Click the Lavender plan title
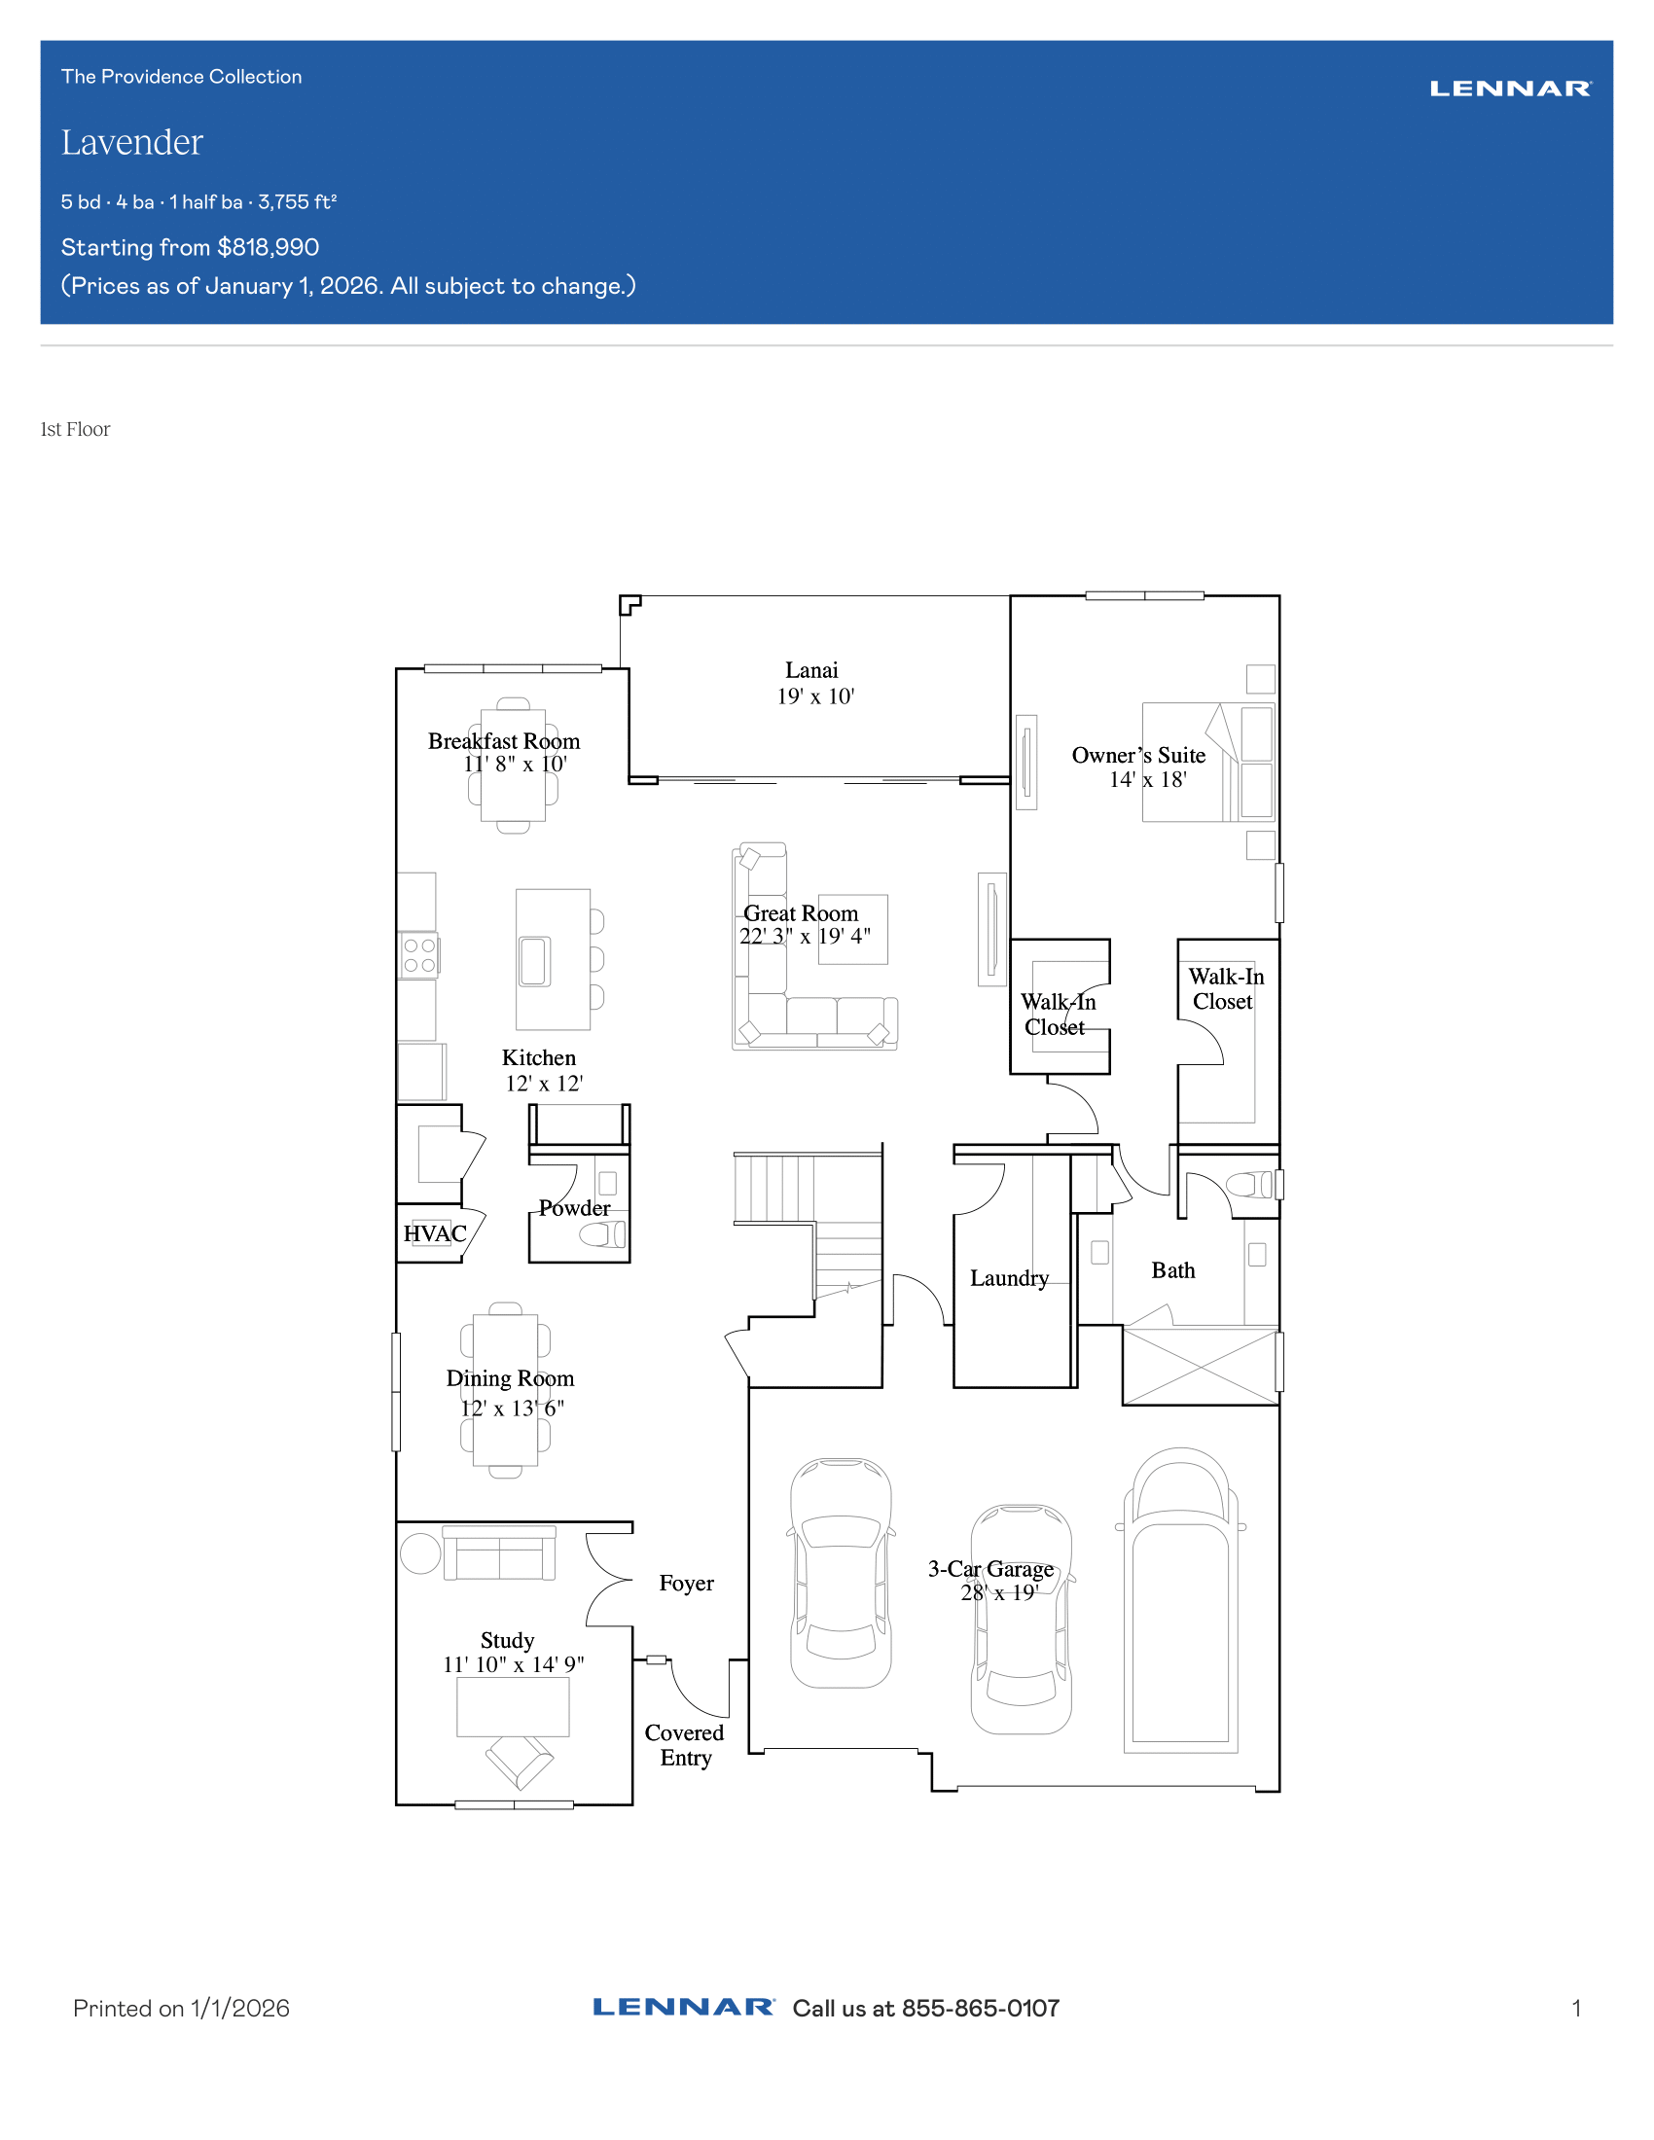pyautogui.click(x=132, y=143)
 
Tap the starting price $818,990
pyautogui.click(x=269, y=247)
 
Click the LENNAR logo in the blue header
pyautogui.click(x=1510, y=89)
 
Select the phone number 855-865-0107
pyautogui.click(x=980, y=2009)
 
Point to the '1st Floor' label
pyautogui.click(x=76, y=429)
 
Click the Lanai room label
pyautogui.click(x=811, y=670)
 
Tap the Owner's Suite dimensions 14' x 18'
pyautogui.click(x=1147, y=780)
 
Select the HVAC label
pyautogui.click(x=435, y=1233)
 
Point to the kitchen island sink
pyautogui.click(x=534, y=961)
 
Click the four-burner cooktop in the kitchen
pyautogui.click(x=419, y=955)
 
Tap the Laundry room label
pyautogui.click(x=1009, y=1279)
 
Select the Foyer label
pyautogui.click(x=686, y=1584)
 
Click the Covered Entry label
pyautogui.click(x=684, y=1745)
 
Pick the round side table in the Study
pyautogui.click(x=420, y=1553)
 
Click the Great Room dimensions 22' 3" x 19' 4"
pyautogui.click(x=805, y=936)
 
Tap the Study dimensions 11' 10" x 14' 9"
pyautogui.click(x=514, y=1664)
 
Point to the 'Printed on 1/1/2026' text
pyautogui.click(x=181, y=2009)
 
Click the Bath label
pyautogui.click(x=1173, y=1271)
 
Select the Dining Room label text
pyautogui.click(x=510, y=1378)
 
